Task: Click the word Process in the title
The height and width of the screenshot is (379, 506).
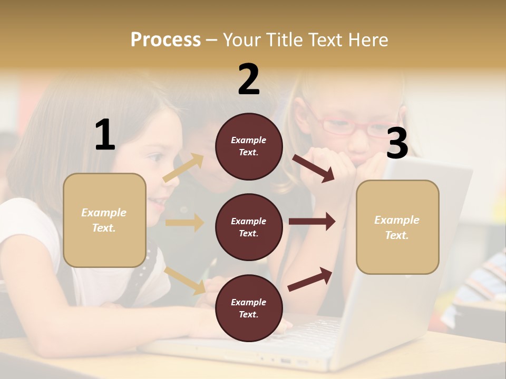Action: pos(166,40)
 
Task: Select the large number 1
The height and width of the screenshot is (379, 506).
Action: pos(105,135)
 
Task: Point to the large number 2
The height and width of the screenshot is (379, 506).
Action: pos(249,79)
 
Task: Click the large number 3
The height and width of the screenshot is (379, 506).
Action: pos(397,143)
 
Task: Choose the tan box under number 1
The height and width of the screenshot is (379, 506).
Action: pos(104,221)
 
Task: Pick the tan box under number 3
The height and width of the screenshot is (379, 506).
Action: pos(397,227)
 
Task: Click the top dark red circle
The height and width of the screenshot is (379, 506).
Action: pos(249,146)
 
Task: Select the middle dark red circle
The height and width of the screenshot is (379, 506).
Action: pos(249,227)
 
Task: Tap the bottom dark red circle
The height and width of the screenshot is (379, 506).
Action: pos(249,308)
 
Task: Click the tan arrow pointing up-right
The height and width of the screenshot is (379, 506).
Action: pos(183,168)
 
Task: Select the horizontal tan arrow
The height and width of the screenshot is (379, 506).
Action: pos(184,223)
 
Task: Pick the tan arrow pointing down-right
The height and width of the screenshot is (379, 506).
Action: pos(185,281)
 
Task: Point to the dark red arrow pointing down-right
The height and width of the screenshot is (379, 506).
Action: pos(313,168)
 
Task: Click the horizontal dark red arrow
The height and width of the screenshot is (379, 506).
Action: pos(312,222)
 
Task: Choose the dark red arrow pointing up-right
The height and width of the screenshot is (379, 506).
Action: pos(310,279)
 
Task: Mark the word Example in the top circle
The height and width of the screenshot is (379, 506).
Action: pos(249,140)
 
